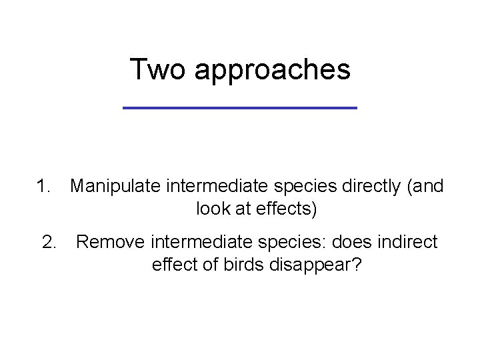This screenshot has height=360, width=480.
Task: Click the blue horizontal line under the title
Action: coord(240,107)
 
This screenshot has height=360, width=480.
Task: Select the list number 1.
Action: coord(45,187)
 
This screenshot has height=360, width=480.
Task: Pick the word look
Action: coord(213,210)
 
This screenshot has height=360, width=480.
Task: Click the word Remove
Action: coord(111,243)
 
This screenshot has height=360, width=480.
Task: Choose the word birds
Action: coord(245,265)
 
